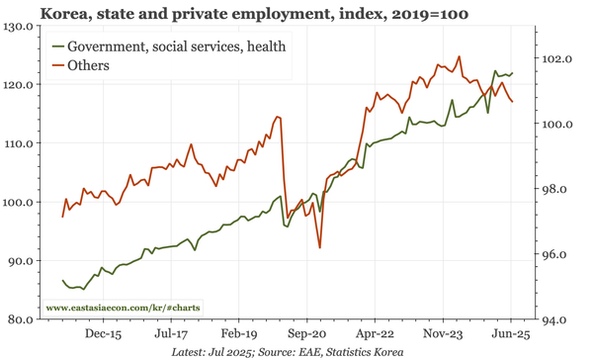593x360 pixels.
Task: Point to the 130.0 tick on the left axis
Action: click(19, 27)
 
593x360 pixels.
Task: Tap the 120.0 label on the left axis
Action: click(19, 85)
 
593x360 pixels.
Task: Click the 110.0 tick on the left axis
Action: click(19, 143)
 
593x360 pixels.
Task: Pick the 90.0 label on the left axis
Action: click(19, 261)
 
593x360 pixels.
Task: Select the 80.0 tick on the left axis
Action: click(19, 319)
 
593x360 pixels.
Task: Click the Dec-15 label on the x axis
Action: click(103, 334)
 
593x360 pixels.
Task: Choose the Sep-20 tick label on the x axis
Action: click(307, 334)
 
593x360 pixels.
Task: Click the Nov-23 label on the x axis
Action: click(444, 334)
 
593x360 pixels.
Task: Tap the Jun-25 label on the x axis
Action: click(509, 334)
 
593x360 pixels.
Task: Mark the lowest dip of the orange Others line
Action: click(320, 247)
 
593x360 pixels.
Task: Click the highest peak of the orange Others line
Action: click(460, 56)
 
